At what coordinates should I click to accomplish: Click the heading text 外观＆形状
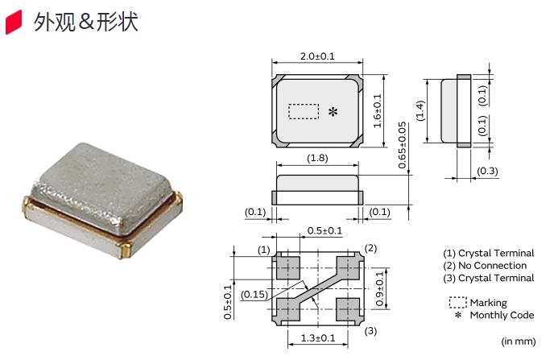(85, 23)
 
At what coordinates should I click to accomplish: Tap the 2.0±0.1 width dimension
(316, 56)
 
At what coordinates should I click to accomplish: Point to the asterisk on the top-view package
(332, 112)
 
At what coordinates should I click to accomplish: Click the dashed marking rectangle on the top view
(304, 111)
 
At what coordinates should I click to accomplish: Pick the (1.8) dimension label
(317, 159)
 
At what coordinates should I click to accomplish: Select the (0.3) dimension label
(486, 172)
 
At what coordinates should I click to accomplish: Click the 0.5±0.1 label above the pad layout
(325, 231)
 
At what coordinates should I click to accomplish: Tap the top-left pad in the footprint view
(287, 266)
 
